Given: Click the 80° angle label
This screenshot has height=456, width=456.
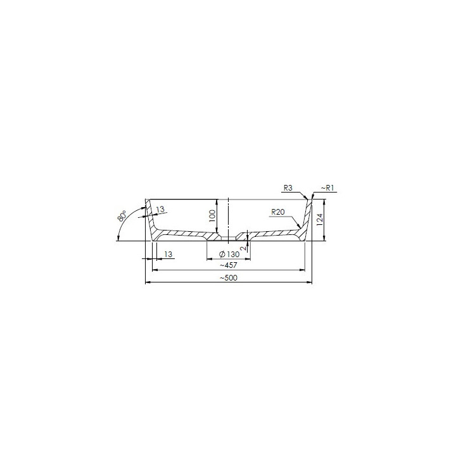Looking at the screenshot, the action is (x=123, y=215).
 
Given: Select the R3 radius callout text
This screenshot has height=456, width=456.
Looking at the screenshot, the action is (x=288, y=188).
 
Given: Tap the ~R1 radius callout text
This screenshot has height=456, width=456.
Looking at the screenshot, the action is (x=327, y=188).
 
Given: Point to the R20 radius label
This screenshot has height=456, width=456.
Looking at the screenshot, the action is (x=278, y=212).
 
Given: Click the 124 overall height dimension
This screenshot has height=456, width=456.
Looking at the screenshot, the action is (x=320, y=220).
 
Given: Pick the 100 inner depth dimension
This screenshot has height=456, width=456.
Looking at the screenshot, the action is (x=213, y=216).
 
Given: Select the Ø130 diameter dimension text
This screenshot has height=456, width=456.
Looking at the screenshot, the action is (x=229, y=255).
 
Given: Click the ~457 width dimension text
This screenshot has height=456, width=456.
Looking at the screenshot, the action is (x=229, y=265).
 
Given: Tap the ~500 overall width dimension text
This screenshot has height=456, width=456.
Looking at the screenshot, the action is (x=229, y=278).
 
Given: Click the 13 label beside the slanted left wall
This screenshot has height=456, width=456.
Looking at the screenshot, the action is (x=160, y=209).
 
